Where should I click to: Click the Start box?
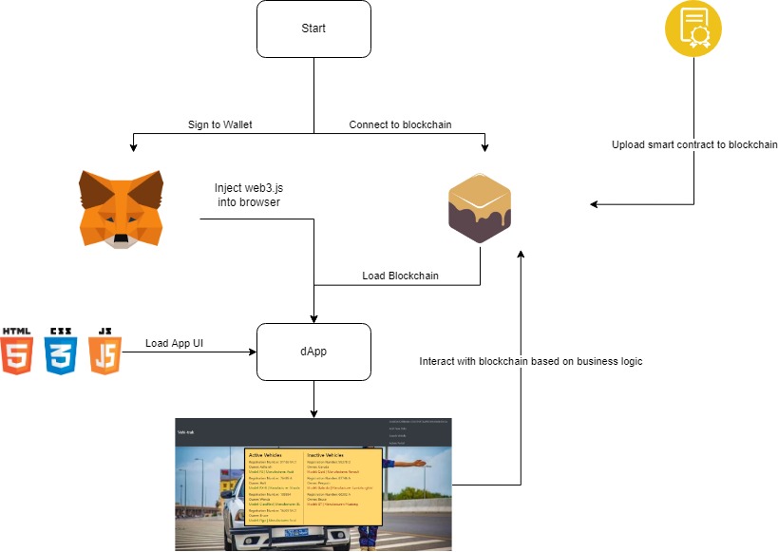313,29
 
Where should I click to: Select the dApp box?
313,351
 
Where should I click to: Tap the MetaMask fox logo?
120,209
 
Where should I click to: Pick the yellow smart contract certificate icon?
693,29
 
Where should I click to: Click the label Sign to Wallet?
220,124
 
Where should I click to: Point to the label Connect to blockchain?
400,124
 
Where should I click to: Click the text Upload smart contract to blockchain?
694,145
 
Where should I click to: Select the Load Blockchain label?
400,276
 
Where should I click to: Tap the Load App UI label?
175,342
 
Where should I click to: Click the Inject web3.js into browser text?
247,195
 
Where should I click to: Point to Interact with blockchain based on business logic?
531,362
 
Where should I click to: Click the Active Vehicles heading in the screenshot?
265,455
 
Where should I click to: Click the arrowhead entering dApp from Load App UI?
254,352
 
